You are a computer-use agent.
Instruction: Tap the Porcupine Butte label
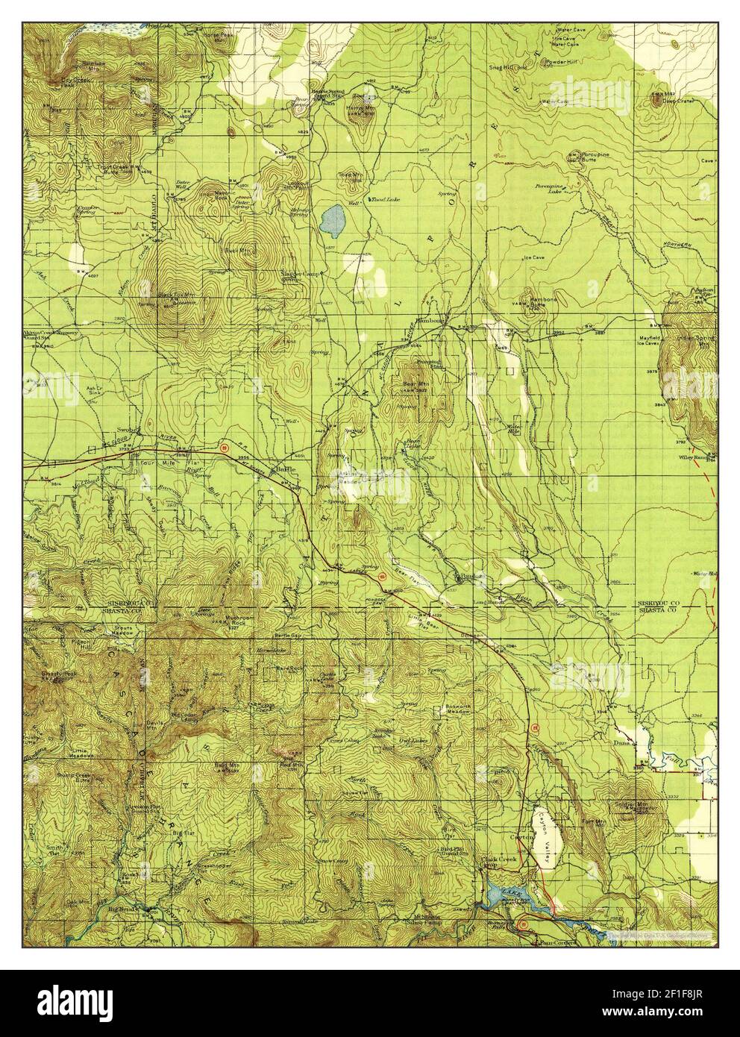click(583, 160)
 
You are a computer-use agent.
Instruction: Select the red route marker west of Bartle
click(224, 447)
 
